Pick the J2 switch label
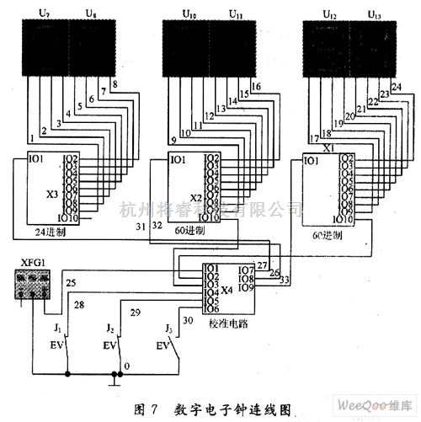tap(109, 326)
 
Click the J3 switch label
tap(170, 328)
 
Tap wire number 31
tap(140, 228)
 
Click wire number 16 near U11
tap(256, 87)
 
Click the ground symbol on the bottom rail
tap(110, 378)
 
